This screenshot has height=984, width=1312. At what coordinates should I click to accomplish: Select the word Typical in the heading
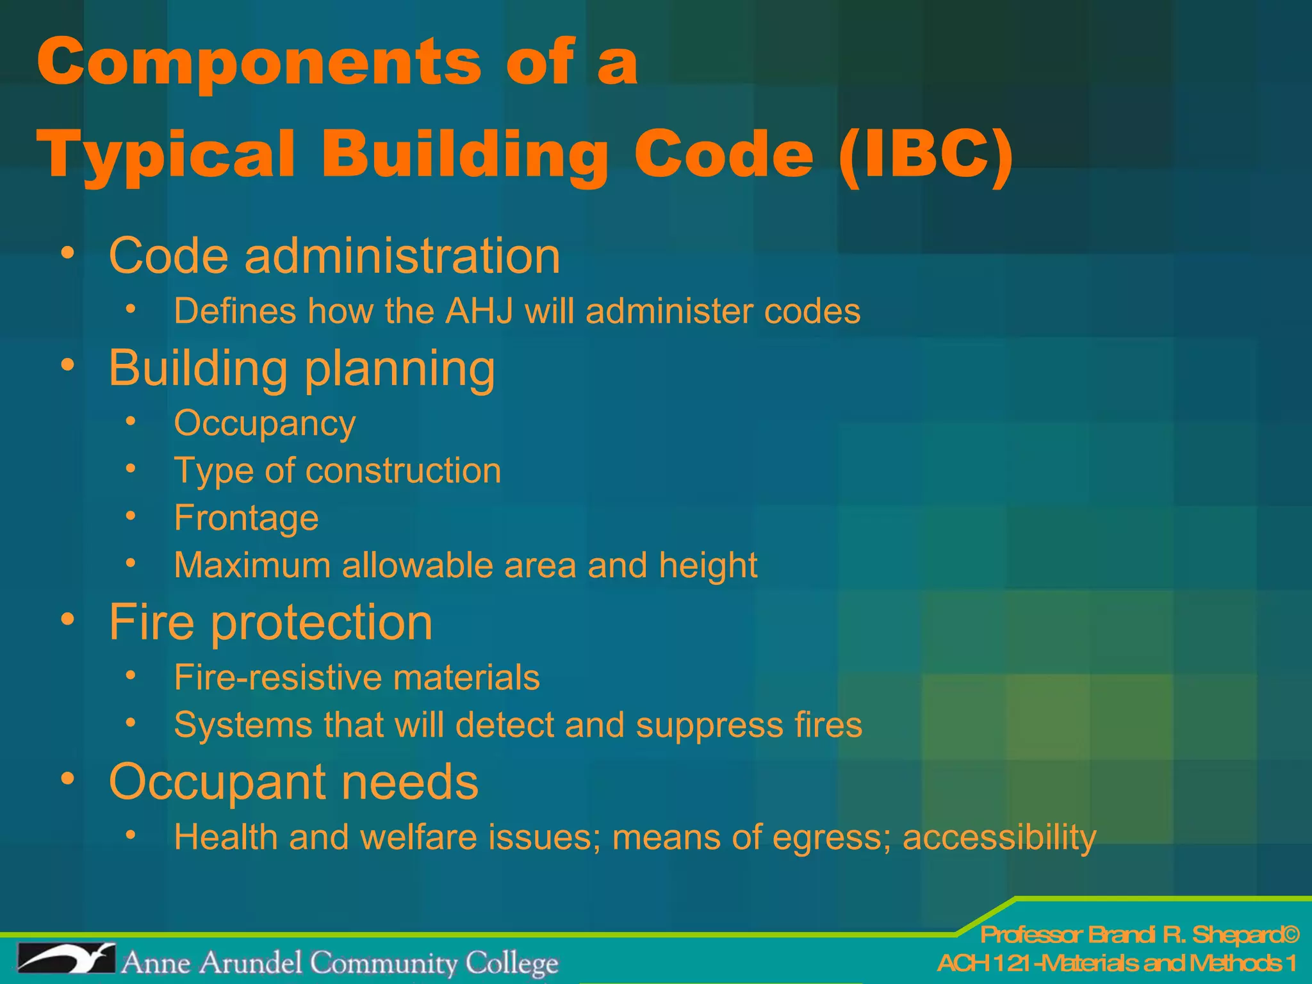167,156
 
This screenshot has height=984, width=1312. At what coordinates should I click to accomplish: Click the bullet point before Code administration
68,252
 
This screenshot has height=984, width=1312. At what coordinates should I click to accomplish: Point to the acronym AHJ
480,311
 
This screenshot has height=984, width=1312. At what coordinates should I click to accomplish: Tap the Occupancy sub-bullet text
265,424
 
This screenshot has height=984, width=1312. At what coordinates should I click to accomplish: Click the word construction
404,471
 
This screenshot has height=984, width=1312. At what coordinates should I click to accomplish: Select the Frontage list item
246,518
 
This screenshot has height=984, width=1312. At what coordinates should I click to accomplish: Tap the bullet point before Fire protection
68,619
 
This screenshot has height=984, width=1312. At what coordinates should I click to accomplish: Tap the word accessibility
999,838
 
